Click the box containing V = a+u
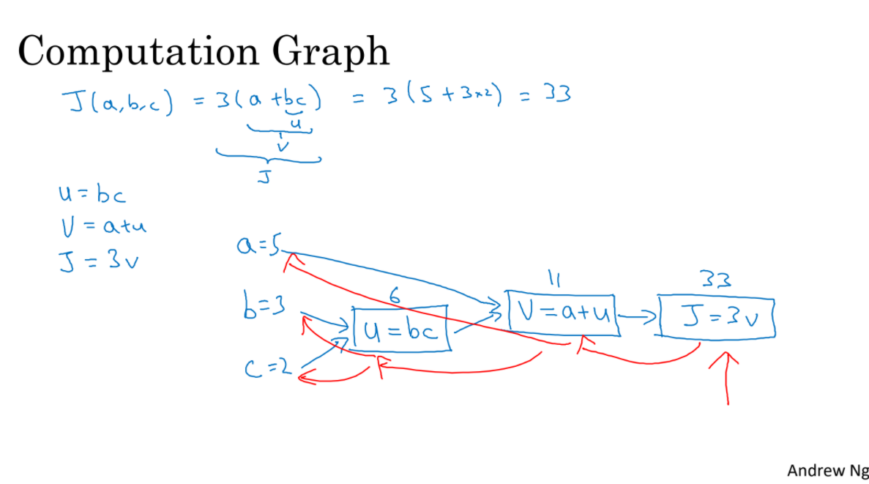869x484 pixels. (562, 313)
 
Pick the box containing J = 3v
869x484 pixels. (717, 318)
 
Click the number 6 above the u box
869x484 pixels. (395, 295)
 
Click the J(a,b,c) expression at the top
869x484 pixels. (117, 104)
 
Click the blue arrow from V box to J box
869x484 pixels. (639, 316)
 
